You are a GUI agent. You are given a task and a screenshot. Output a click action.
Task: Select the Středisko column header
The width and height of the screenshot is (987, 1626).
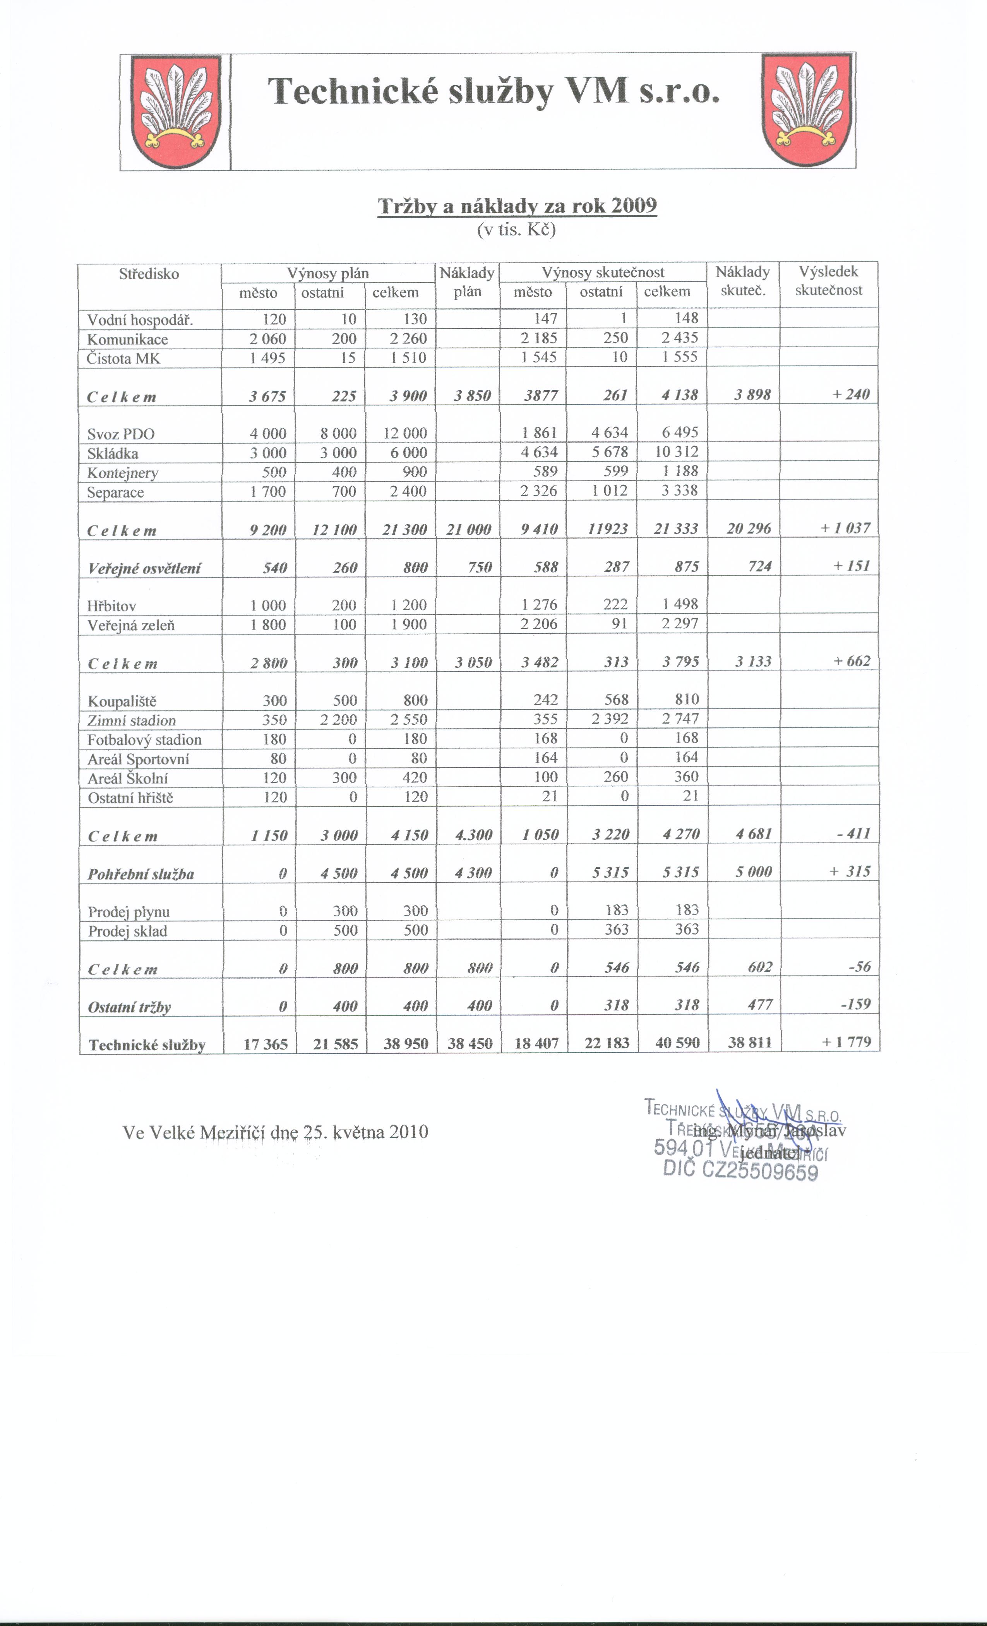click(149, 274)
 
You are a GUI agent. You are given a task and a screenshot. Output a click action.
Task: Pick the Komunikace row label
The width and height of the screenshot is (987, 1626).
click(128, 339)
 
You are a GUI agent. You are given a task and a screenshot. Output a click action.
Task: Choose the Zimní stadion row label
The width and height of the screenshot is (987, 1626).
click(132, 720)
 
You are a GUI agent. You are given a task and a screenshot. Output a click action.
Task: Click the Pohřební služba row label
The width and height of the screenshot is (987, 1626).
click(141, 874)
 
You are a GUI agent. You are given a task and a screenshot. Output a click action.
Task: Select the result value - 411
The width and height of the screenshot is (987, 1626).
click(854, 834)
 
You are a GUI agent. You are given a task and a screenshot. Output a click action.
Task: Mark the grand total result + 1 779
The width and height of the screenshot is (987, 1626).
click(846, 1042)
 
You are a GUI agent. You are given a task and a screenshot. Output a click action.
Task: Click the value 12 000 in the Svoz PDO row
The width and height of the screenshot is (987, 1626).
click(405, 433)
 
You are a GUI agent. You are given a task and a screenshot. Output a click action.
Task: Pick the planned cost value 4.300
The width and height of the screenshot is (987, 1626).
click(474, 835)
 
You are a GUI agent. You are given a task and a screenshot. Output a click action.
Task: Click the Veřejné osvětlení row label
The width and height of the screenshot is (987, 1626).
click(144, 568)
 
